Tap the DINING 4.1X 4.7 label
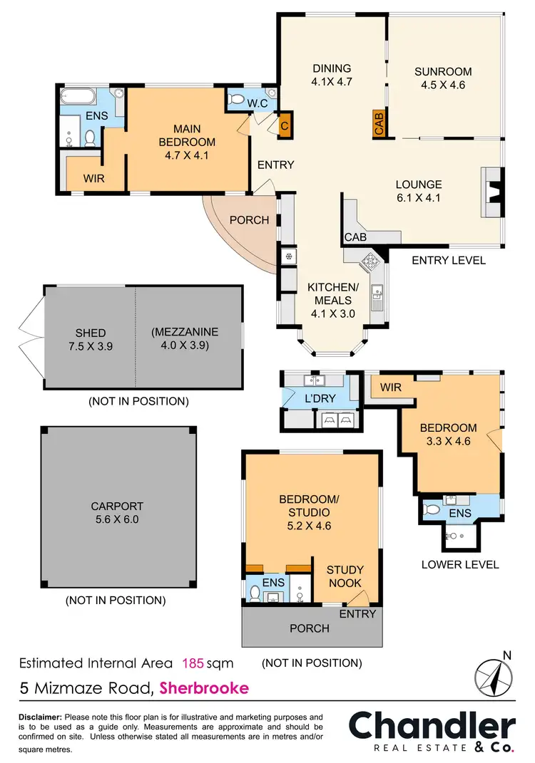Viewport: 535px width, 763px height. pos(332,75)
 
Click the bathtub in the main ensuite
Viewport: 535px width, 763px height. pos(79,95)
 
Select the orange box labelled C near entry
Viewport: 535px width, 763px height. pos(285,126)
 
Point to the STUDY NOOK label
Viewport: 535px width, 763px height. pos(345,576)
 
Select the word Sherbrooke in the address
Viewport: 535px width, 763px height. pos(205,688)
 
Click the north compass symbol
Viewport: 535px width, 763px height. pos(494,675)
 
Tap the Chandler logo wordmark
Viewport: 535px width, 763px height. pos(432,727)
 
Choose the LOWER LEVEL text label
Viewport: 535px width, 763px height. pos(459,565)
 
